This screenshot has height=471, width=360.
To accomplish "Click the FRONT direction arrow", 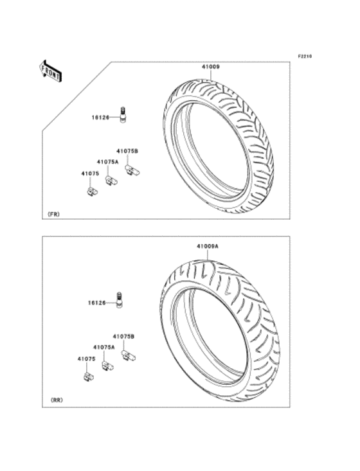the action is pyautogui.click(x=51, y=71).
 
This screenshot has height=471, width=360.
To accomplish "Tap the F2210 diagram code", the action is pyautogui.click(x=305, y=56).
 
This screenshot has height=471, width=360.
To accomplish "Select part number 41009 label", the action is pyautogui.click(x=210, y=67).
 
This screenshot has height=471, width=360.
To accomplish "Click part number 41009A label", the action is pyautogui.click(x=208, y=246).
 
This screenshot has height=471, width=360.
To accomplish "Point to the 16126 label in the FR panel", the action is pyautogui.click(x=100, y=118).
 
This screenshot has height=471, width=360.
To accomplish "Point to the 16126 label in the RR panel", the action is pyautogui.click(x=97, y=303).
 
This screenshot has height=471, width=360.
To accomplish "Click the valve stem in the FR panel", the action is pyautogui.click(x=123, y=114).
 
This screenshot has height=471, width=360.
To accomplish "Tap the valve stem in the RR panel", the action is pyautogui.click(x=120, y=300).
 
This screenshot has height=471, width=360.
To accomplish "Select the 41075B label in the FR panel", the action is pyautogui.click(x=127, y=152).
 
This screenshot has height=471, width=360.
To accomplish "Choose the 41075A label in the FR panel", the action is pyautogui.click(x=107, y=162).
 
